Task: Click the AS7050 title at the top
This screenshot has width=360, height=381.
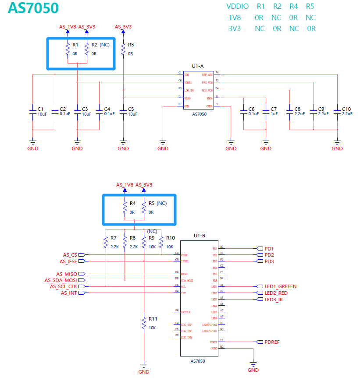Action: pyautogui.click(x=33, y=8)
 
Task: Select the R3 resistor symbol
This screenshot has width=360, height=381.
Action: pyautogui.click(x=123, y=49)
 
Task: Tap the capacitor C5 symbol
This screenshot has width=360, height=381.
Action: pyautogui.click(x=123, y=112)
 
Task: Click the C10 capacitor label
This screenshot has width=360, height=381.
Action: pyautogui.click(x=346, y=109)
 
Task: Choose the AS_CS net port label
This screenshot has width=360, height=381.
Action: pyautogui.click(x=70, y=255)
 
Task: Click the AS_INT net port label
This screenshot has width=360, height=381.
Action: pyautogui.click(x=69, y=293)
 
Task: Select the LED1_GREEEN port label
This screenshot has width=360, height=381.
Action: pyautogui.click(x=281, y=286)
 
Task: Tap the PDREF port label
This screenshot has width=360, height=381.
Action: pyautogui.click(x=272, y=342)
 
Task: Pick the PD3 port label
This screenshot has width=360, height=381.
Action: pyautogui.click(x=269, y=261)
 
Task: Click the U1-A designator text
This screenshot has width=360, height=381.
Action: pyautogui.click(x=197, y=66)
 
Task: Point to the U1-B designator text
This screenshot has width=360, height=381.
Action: pyautogui.click(x=200, y=236)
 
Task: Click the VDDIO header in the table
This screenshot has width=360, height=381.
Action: pyautogui.click(x=237, y=7)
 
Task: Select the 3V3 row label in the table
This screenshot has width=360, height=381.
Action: pyautogui.click(x=235, y=29)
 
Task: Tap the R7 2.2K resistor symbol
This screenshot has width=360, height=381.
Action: pyautogui.click(x=106, y=242)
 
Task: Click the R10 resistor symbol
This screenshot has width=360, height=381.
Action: pyautogui.click(x=161, y=242)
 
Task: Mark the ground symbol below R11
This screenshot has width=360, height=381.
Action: pyautogui.click(x=143, y=365)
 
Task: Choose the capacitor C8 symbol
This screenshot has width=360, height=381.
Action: pyautogui.click(x=290, y=112)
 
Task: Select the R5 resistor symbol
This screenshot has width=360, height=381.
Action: pyautogui.click(x=143, y=208)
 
